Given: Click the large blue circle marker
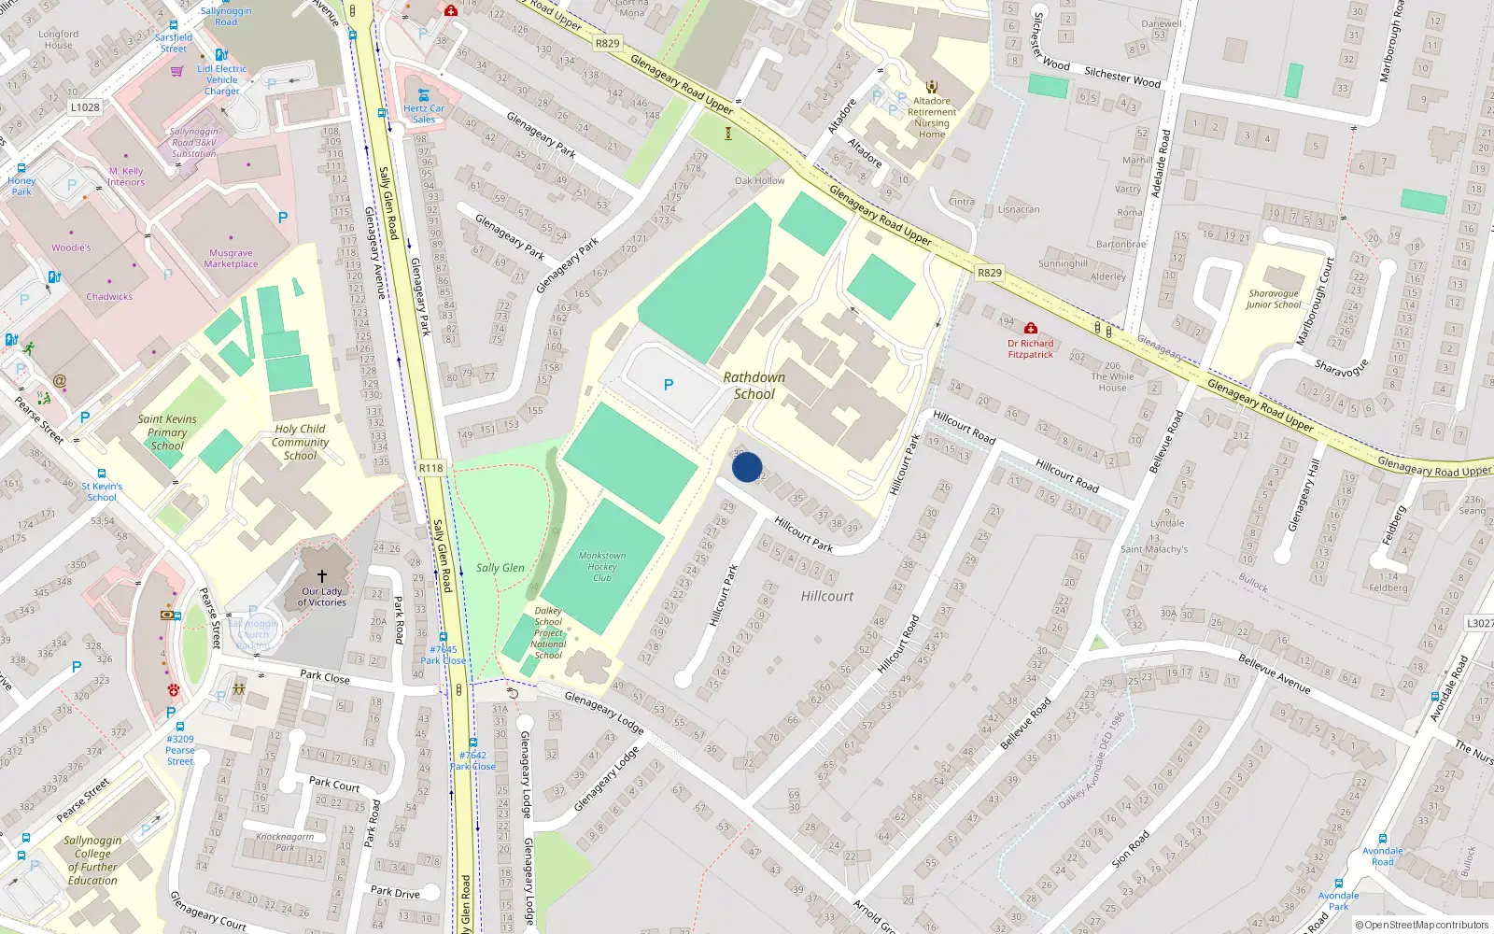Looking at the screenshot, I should click(x=747, y=467).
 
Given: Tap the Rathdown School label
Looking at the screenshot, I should click(x=754, y=386).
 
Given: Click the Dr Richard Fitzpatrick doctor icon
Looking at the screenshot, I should click(x=1030, y=329).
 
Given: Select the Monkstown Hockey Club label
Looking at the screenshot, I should click(x=602, y=566).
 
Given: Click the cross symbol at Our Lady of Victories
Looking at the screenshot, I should click(x=322, y=576).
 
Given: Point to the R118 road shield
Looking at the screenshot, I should click(x=430, y=468).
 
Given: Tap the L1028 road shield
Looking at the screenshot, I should click(x=85, y=107).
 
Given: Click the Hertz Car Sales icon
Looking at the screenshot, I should click(x=424, y=95).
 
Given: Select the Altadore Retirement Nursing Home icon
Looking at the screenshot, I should click(x=931, y=87).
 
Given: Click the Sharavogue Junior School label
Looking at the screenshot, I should click(x=1274, y=299).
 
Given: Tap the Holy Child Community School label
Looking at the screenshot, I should click(x=300, y=443).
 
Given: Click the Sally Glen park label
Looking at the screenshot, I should click(x=500, y=568).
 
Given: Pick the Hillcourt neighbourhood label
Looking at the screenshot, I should click(x=826, y=596).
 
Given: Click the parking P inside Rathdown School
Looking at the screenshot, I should click(x=669, y=385).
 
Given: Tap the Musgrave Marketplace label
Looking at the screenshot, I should click(x=231, y=259).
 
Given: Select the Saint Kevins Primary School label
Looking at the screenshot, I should click(x=167, y=432).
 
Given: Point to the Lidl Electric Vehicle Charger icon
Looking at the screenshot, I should click(x=221, y=55).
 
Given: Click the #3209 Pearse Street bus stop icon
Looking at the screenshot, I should click(x=179, y=727).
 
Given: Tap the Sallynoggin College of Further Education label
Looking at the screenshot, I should click(x=92, y=860).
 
